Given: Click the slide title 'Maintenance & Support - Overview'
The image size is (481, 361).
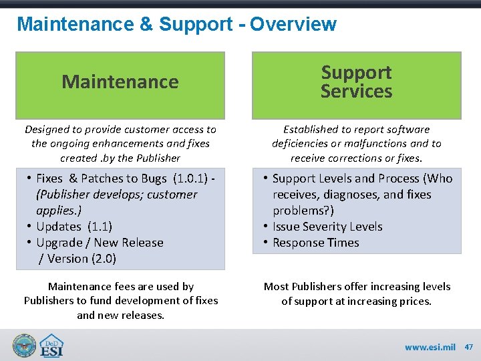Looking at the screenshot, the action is (176, 25).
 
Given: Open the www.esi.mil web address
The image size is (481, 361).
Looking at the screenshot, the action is (430, 348).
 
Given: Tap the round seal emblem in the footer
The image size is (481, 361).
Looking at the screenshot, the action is (24, 346).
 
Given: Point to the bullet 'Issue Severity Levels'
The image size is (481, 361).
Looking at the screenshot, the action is (327, 227).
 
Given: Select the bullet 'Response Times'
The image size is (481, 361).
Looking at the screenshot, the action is (315, 243).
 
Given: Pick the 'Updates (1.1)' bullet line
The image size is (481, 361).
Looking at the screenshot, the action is (74, 227).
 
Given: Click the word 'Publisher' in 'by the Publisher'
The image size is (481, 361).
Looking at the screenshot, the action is (156, 158).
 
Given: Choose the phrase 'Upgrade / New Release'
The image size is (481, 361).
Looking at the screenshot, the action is (100, 243).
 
